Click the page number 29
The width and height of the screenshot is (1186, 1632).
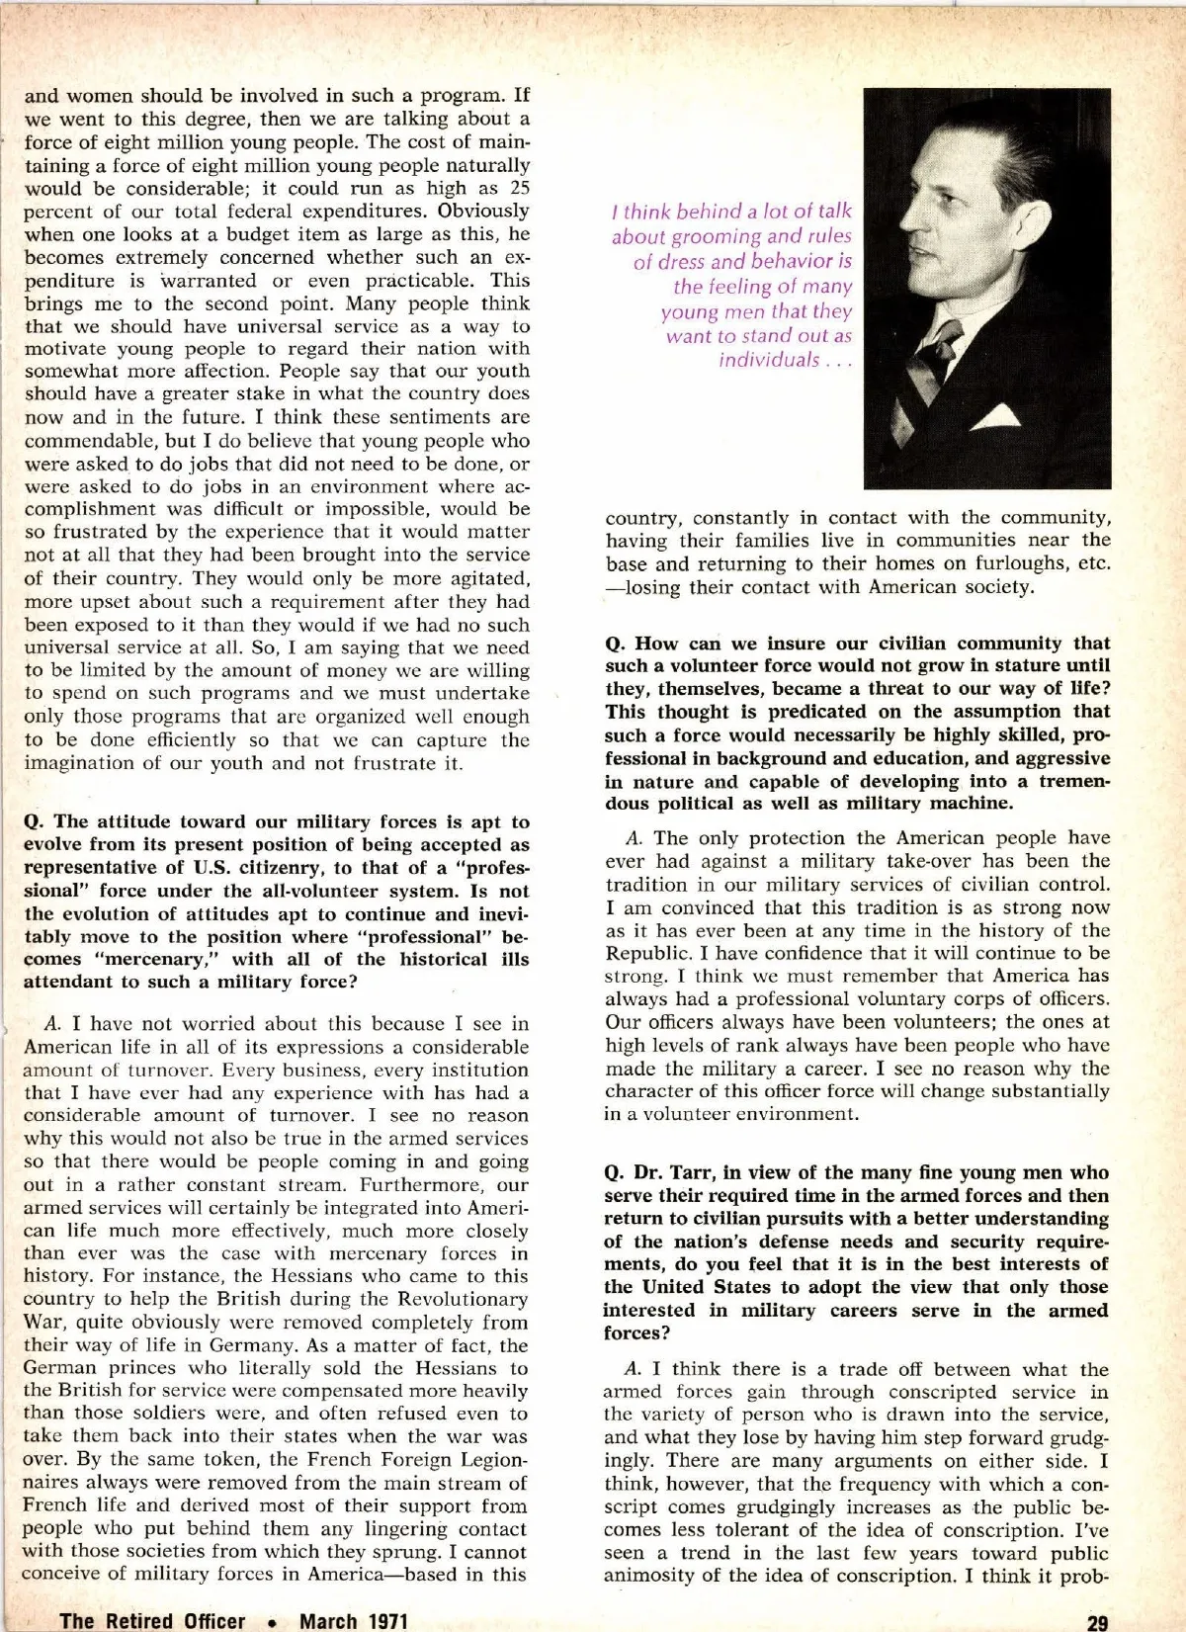pyautogui.click(x=1097, y=1621)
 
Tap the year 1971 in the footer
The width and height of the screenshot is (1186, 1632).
pyautogui.click(x=381, y=1621)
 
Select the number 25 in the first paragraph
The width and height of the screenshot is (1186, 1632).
pyautogui.click(x=518, y=188)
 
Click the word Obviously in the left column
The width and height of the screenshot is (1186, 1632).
pyautogui.click(x=483, y=211)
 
